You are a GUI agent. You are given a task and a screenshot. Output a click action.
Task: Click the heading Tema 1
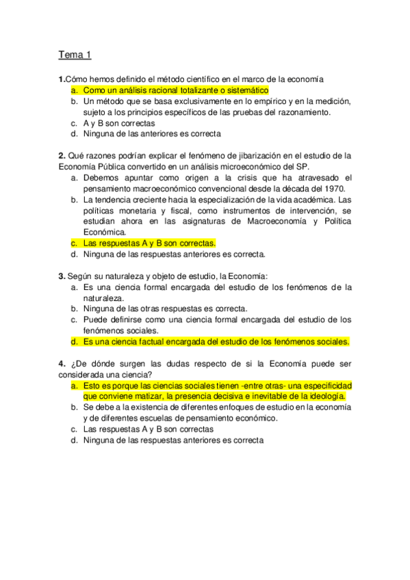coord(75,55)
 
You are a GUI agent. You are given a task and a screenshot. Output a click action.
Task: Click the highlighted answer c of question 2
coord(149,243)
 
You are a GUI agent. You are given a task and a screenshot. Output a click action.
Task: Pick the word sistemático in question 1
coord(245,90)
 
